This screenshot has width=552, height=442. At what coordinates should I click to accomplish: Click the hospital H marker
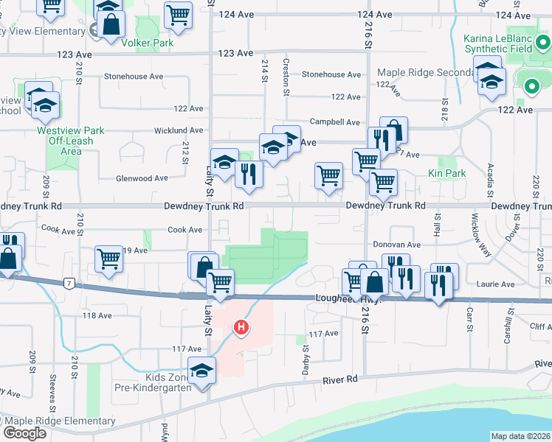pos(241,327)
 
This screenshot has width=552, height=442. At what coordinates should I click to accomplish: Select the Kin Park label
pos(446,174)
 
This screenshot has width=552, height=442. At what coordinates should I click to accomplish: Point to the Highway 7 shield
pos(69,283)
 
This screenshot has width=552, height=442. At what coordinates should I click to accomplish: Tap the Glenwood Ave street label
pos(142,178)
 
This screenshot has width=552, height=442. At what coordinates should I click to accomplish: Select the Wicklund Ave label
pos(158,130)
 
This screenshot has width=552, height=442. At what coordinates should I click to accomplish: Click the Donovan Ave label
pos(396,245)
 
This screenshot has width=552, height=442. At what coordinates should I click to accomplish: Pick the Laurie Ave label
pos(497,284)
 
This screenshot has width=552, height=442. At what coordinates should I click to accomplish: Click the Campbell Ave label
pos(334,122)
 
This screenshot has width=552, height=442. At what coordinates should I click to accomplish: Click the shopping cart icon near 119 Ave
pos(108,259)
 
